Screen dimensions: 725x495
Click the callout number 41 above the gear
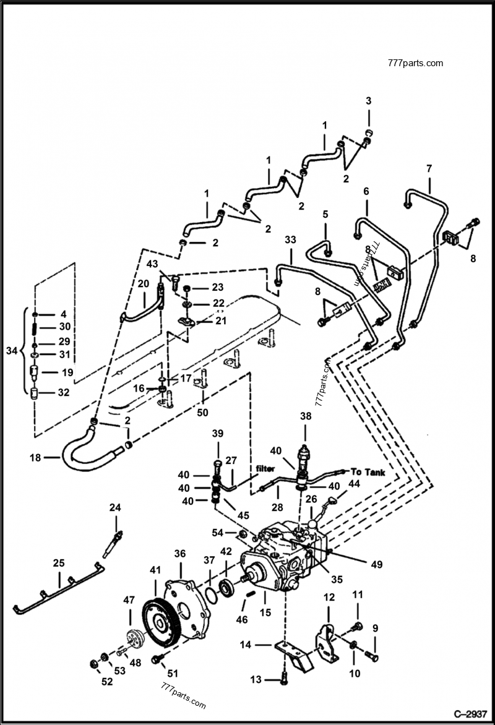(x=155, y=568)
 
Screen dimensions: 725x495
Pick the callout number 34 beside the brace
(x=11, y=351)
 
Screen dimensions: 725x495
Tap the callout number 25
(x=58, y=563)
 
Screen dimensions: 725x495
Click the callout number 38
(x=306, y=417)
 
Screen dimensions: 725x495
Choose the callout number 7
(x=429, y=168)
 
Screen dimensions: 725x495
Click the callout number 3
(x=368, y=101)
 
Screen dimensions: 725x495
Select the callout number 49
(x=377, y=564)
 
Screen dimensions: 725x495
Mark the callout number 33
(x=290, y=239)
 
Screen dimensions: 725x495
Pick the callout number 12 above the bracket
(x=329, y=597)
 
